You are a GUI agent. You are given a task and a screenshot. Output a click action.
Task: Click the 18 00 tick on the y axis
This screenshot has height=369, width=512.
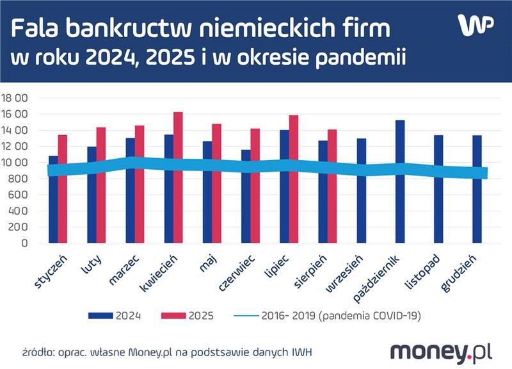(15, 98)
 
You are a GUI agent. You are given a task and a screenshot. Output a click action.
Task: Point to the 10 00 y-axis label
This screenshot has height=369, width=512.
(15, 163)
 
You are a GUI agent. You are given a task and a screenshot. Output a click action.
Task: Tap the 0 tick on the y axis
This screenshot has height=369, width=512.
(24, 243)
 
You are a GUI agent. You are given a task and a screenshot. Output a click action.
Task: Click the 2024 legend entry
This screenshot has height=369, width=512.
(115, 315)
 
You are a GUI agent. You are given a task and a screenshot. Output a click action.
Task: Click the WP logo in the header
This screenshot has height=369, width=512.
(476, 25)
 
